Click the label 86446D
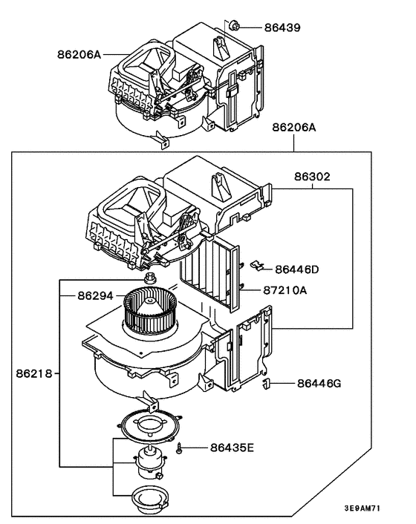tap(296, 269)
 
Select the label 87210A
tap(285, 290)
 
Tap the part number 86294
tap(96, 295)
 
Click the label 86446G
tap(318, 384)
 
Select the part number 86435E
tap(232, 448)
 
